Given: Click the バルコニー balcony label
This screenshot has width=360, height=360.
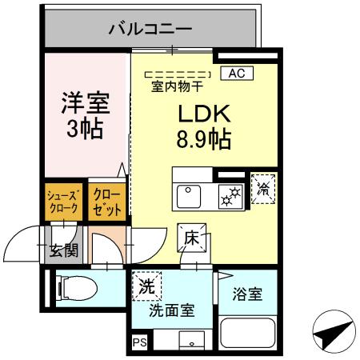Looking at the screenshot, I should (150, 29).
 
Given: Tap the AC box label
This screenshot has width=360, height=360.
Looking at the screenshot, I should (235, 73).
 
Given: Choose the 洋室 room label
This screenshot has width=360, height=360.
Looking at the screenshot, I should (86, 104).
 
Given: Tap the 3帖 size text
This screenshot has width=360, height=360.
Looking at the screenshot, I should (85, 129).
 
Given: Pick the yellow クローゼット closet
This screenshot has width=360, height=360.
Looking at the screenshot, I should (106, 201).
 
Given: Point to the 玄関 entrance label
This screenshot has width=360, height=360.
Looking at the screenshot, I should (63, 250).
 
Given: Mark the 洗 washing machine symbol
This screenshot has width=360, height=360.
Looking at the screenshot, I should (146, 286).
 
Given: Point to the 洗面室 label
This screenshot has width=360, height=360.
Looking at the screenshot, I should (172, 310).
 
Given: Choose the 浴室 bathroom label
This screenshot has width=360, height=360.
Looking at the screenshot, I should (246, 294).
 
